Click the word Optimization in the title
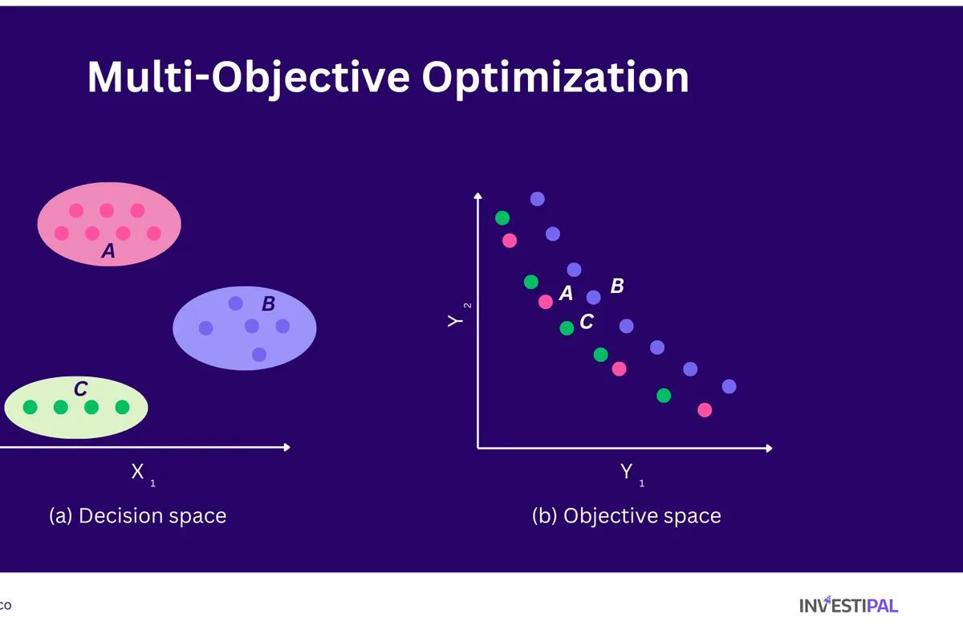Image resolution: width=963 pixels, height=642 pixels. coord(555,78)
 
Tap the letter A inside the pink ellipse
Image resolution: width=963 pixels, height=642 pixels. coord(108,252)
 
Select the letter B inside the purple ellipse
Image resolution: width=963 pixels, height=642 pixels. coord(269,304)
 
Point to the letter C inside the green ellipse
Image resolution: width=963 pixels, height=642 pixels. coord(80,389)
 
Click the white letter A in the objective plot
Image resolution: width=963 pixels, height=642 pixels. coord(566,294)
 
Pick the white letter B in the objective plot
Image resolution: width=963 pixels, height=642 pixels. coord(617,286)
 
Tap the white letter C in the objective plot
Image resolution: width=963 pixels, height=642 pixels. coord(587,322)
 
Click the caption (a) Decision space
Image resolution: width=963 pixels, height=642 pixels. coord(138,515)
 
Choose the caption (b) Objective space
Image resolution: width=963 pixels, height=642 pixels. coord(626,515)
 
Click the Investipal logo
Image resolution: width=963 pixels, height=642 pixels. coord(848,605)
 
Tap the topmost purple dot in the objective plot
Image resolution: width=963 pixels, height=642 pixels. coord(538,199)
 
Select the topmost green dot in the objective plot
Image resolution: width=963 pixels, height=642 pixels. coord(502,217)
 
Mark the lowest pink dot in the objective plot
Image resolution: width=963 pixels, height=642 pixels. coord(705,410)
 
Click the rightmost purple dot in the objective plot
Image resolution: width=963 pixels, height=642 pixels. coord(729,386)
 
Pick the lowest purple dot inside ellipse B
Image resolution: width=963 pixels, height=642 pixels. coord(258,354)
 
